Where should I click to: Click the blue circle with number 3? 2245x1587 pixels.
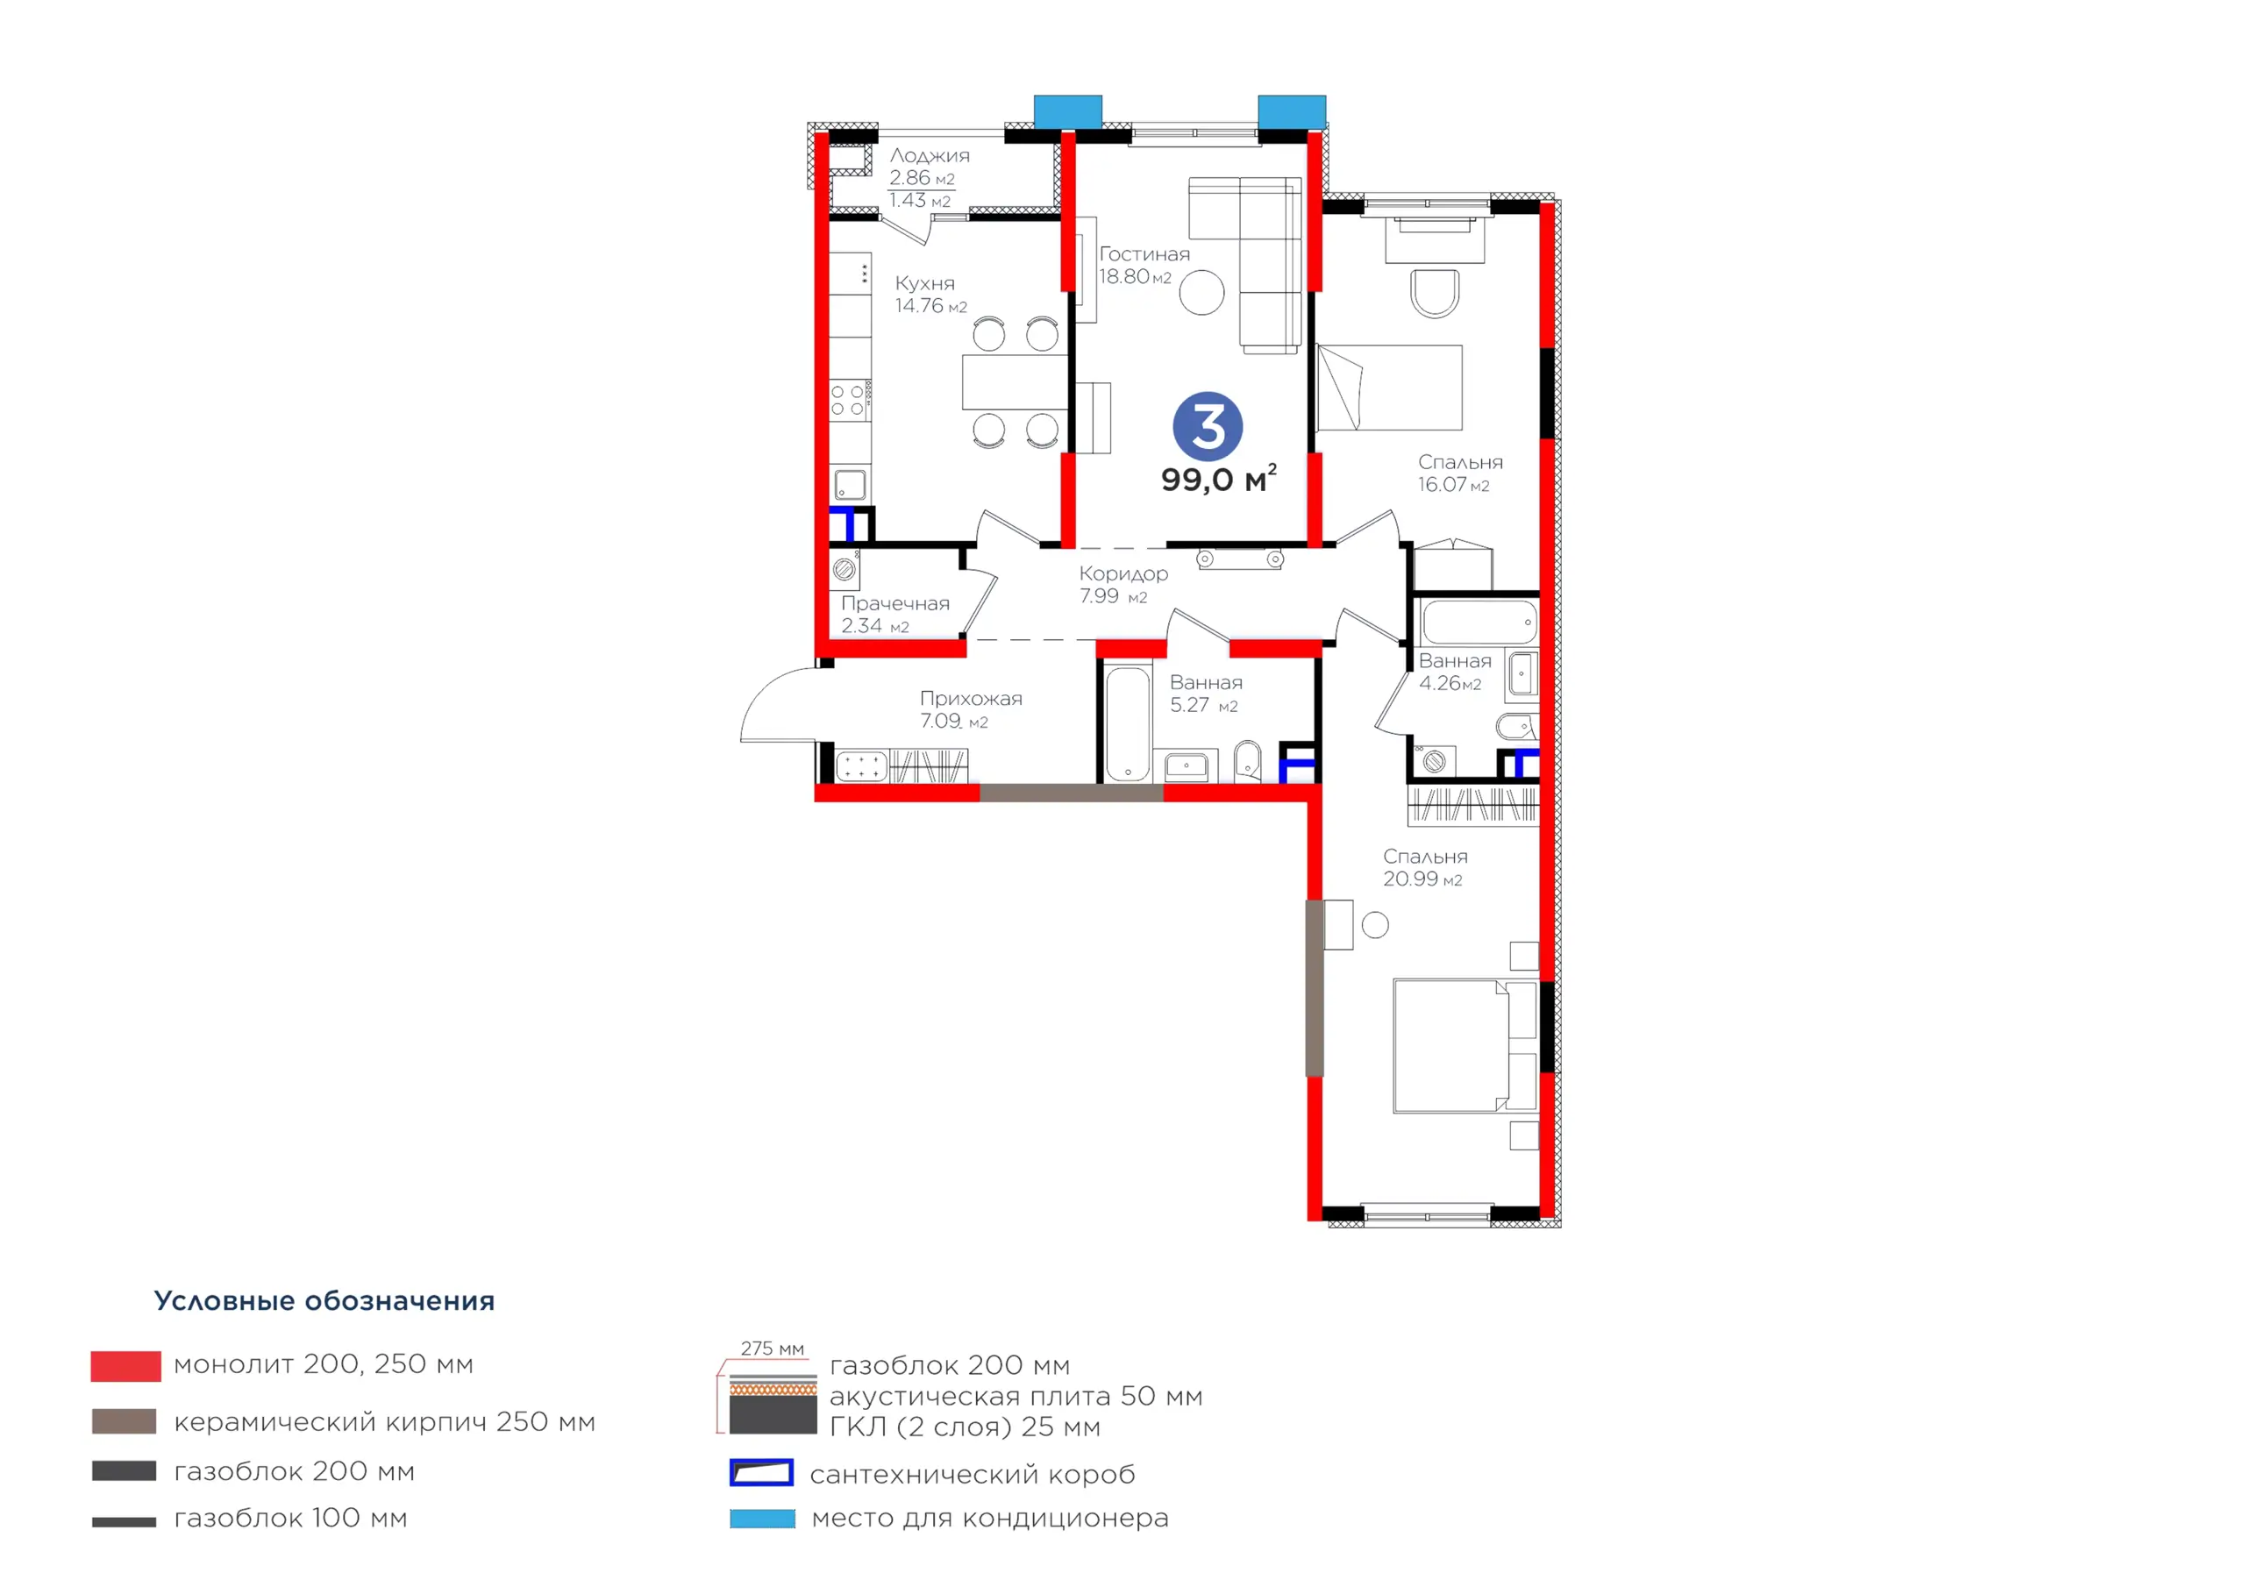[1208, 426]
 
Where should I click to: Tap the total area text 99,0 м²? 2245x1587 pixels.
[1218, 479]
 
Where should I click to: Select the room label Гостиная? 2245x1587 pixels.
[1144, 254]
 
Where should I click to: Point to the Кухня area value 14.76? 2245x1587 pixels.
[919, 306]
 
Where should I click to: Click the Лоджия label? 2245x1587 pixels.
[929, 155]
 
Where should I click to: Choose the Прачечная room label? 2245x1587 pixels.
[894, 603]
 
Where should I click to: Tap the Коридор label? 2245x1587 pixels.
[1123, 574]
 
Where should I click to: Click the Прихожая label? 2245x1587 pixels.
[971, 699]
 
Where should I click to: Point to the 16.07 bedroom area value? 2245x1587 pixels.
[1443, 485]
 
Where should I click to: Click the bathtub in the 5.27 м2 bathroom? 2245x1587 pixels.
[1129, 723]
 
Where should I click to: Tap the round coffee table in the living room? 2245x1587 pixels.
[1201, 292]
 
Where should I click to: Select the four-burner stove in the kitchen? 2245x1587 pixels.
[849, 400]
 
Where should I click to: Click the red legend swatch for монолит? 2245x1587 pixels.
[125, 1366]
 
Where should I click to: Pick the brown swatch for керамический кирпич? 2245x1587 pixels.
[125, 1420]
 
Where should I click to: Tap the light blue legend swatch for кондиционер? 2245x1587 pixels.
[763, 1519]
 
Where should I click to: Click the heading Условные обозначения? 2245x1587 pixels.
[324, 1301]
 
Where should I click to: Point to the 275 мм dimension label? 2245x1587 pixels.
[773, 1349]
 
